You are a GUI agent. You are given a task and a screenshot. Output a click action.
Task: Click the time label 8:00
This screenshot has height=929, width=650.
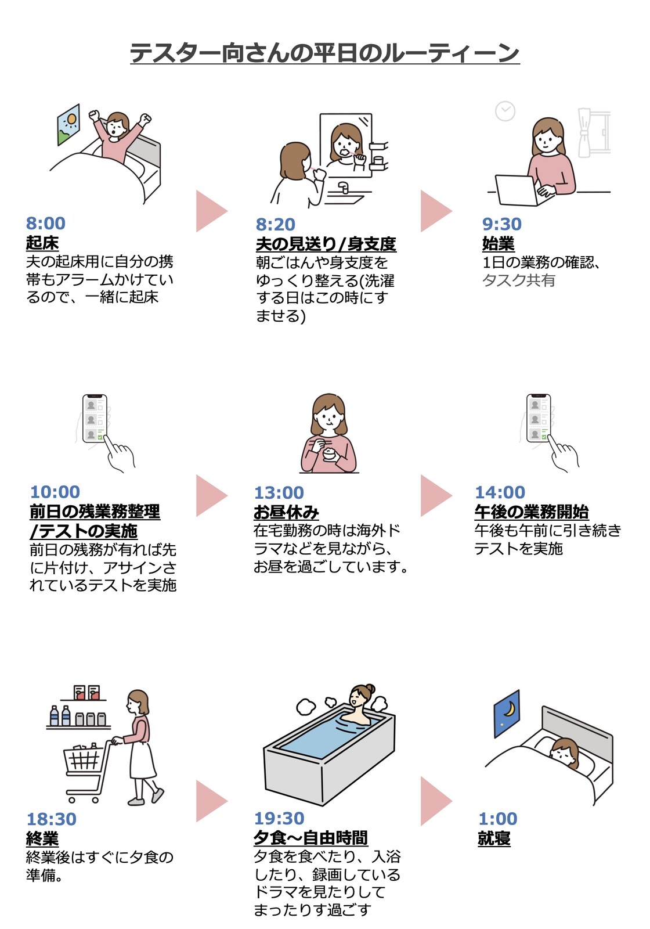pyautogui.click(x=46, y=223)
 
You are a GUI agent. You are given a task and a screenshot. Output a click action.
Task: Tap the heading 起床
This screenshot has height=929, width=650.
pyautogui.click(x=42, y=242)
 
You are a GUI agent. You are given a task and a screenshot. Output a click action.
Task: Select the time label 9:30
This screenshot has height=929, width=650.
pyautogui.click(x=501, y=224)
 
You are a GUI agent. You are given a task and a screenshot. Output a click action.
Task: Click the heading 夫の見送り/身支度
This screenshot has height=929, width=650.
pyautogui.click(x=326, y=243)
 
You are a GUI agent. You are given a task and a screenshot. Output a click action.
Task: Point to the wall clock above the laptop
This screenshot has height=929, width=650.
pyautogui.click(x=505, y=111)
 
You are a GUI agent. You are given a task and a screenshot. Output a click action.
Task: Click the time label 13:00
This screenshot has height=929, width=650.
pyautogui.click(x=279, y=492)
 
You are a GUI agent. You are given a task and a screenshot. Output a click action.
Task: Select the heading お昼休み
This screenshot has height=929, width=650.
pyautogui.click(x=286, y=512)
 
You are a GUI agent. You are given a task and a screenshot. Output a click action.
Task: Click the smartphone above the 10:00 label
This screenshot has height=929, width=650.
pyautogui.click(x=95, y=418)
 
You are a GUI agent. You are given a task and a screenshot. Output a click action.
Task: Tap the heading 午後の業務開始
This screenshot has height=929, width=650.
pyautogui.click(x=531, y=512)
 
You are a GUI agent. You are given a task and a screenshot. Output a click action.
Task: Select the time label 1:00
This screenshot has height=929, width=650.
pyautogui.click(x=497, y=819)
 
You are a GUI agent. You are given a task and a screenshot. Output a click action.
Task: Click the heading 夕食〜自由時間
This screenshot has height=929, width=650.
pyautogui.click(x=310, y=838)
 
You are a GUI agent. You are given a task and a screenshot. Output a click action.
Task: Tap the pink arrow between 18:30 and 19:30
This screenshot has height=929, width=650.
pyautogui.click(x=210, y=801)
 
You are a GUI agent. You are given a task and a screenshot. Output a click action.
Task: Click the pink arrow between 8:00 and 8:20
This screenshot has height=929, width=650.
pyautogui.click(x=210, y=211)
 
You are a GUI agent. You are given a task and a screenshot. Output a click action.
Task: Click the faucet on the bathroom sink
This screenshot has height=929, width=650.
pyautogui.click(x=344, y=188)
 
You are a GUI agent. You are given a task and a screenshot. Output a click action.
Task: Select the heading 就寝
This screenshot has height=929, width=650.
pyautogui.click(x=494, y=838)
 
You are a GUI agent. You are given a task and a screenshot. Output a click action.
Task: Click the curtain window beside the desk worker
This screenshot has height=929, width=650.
pyautogui.click(x=593, y=133)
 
